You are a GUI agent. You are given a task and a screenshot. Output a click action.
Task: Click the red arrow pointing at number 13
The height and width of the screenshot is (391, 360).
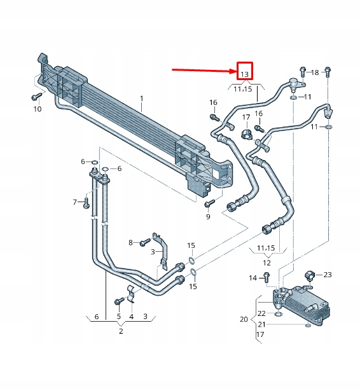(204, 71)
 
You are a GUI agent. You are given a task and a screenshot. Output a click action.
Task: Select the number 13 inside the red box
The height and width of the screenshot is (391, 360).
(244, 74)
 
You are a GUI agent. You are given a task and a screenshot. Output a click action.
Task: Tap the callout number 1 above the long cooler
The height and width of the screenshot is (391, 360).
(142, 99)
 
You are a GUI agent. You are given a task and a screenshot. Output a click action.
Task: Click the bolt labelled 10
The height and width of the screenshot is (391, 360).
(36, 97)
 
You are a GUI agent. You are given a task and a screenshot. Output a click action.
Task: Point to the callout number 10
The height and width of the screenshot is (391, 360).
(37, 109)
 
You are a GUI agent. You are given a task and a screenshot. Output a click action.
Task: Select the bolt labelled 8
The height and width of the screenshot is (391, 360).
(146, 242)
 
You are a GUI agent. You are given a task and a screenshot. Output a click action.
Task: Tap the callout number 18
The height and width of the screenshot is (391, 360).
(315, 73)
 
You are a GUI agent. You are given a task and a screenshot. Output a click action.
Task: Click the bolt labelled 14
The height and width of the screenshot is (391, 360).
(267, 277)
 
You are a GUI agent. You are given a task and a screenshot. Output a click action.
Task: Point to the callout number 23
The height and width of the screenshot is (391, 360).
(328, 275)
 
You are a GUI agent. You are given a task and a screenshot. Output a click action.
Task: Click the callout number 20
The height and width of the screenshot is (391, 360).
(244, 319)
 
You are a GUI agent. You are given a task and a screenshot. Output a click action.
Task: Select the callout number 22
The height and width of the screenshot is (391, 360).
(261, 313)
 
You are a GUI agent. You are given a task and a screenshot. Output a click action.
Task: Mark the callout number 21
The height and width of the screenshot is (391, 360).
(261, 325)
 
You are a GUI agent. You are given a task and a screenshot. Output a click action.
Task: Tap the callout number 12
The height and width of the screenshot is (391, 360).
(267, 263)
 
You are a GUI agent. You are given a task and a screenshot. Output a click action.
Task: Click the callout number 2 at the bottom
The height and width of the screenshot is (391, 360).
(120, 331)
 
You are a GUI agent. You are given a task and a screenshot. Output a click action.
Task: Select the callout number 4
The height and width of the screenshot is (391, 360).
(132, 316)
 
